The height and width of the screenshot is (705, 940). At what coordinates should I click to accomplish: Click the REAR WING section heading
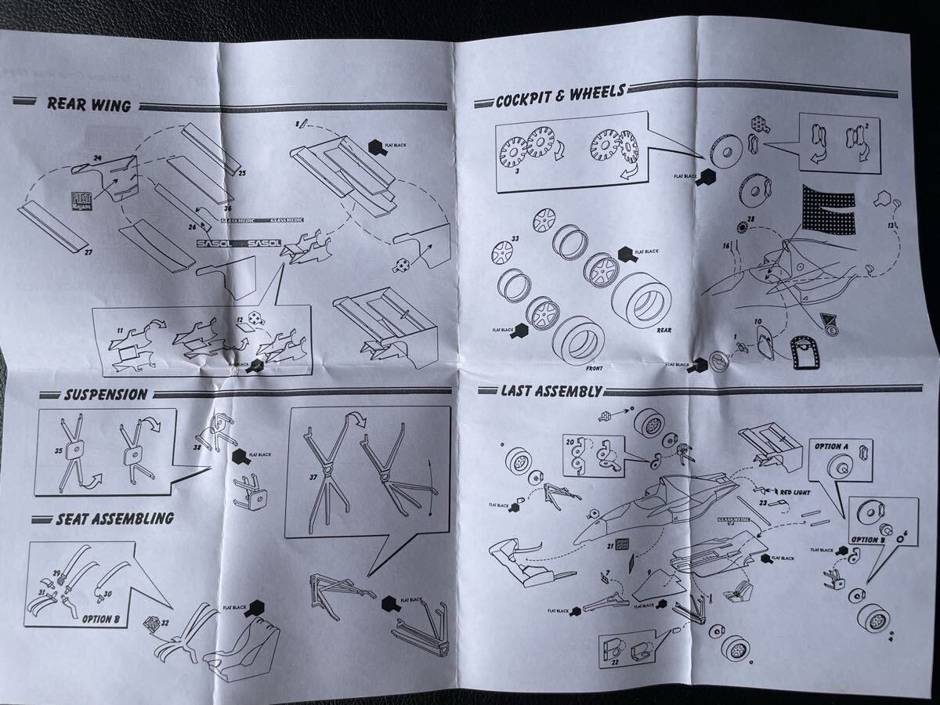[88, 104]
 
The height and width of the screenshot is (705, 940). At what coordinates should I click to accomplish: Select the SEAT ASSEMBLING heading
[114, 519]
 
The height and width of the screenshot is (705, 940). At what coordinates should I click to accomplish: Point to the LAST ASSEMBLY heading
[551, 390]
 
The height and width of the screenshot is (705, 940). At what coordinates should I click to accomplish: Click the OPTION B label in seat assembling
[100, 618]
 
